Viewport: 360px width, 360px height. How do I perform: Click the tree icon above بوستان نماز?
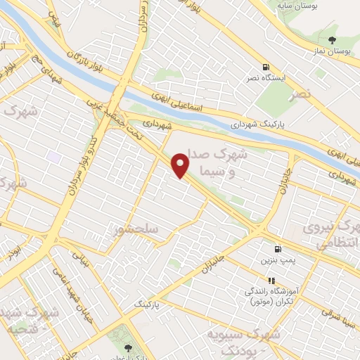[334, 40]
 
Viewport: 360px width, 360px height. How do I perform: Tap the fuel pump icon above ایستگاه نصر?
[266, 67]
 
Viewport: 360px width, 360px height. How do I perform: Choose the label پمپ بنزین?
[281, 261]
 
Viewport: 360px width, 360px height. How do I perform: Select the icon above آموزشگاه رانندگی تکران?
[272, 280]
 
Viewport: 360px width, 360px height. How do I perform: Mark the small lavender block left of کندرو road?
[54, 155]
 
